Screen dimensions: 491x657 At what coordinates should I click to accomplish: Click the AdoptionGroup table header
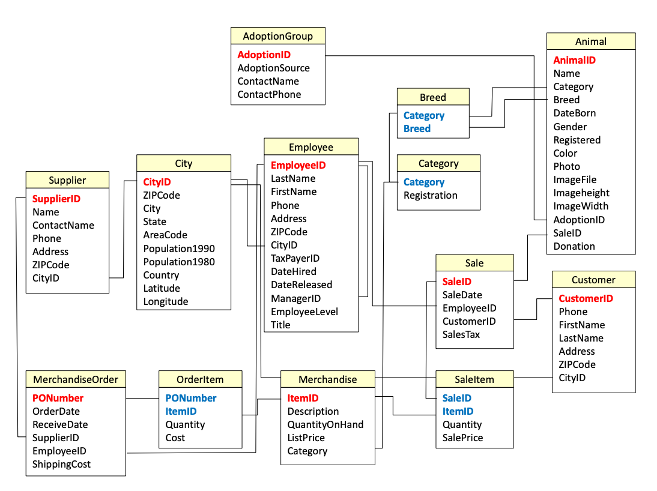tap(277, 36)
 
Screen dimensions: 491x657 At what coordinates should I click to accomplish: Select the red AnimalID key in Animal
tap(574, 60)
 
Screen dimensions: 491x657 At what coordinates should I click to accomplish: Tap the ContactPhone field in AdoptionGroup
tap(269, 94)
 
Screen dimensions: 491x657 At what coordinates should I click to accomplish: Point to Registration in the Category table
tap(430, 195)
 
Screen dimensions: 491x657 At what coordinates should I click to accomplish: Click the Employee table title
tap(310, 147)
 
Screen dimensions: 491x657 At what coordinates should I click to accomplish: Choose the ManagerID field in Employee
tap(295, 298)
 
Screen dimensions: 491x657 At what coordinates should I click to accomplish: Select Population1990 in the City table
tap(178, 249)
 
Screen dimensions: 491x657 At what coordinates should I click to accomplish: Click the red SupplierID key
tap(56, 199)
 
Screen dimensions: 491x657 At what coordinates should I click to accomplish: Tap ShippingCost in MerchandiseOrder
tap(61, 464)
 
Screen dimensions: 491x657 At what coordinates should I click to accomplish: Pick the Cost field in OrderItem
tap(175, 438)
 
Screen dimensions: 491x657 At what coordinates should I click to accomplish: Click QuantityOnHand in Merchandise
tap(325, 424)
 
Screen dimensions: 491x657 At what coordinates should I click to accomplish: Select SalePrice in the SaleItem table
tap(462, 438)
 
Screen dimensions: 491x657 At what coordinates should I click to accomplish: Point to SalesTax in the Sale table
tap(461, 334)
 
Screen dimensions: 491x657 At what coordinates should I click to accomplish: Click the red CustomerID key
tap(586, 298)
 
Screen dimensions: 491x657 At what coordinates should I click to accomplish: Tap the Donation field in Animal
tap(574, 246)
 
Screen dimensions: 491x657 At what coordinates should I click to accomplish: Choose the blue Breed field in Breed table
tap(417, 128)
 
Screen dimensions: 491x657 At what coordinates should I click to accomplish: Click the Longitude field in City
tap(165, 301)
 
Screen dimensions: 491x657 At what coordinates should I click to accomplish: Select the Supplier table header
tap(67, 180)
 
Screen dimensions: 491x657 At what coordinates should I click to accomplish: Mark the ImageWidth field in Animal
tap(580, 206)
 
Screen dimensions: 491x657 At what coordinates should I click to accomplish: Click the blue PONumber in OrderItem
tap(190, 398)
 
